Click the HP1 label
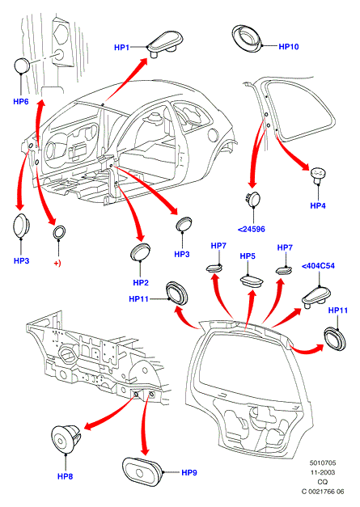pos(121,48)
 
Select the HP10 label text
pos(289,47)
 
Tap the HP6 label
pos(21,102)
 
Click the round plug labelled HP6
pos(22,66)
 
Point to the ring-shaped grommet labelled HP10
pos(248,37)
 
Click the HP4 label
pos(318,205)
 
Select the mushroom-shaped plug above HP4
pos(318,176)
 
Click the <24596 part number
pos(252,230)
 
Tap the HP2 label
pos(141,282)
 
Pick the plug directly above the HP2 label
pos(140,252)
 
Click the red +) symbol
pos(57,263)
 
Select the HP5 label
pos(248,256)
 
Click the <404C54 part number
pos(318,266)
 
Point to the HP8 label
pos(65,476)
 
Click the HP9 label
pos(189,473)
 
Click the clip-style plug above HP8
pos(66,439)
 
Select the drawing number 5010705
pos(323,463)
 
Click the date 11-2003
pos(323,472)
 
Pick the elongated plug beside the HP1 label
pos(165,43)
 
